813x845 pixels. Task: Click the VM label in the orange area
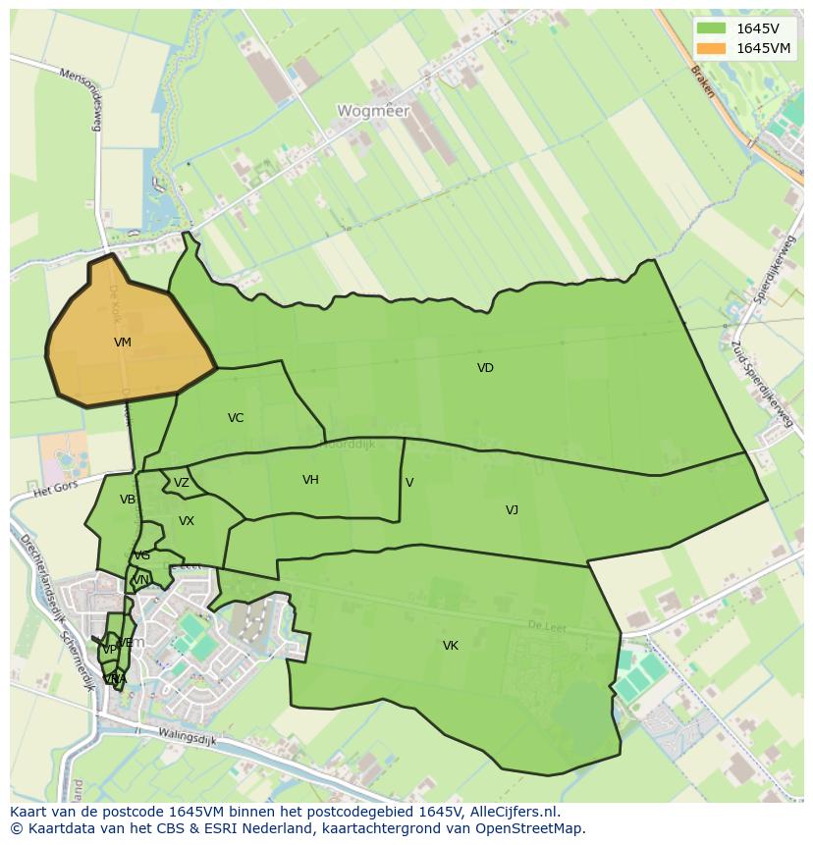coord(123,343)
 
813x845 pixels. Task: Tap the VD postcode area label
coord(485,368)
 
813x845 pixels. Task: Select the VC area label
coord(236,418)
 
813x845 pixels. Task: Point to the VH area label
coord(310,480)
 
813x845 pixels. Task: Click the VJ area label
coord(512,509)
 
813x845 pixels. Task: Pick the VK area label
coord(451,645)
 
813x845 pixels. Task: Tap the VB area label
coord(128,500)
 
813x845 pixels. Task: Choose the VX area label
coord(187,521)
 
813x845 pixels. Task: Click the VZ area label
coord(182,483)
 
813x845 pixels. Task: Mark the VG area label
coord(142,555)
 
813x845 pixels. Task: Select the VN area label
coord(140,580)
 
